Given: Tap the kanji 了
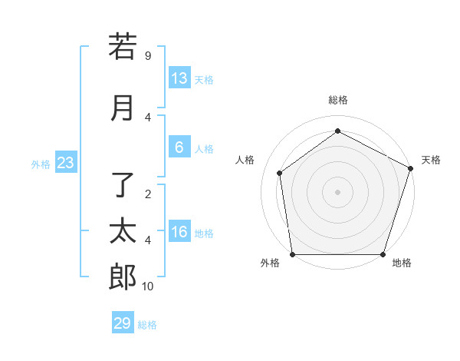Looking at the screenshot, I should pyautogui.click(x=123, y=184).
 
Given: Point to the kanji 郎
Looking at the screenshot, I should pyautogui.click(x=123, y=277).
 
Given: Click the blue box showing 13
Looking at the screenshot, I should pyautogui.click(x=179, y=78).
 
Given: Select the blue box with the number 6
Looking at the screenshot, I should pyautogui.click(x=179, y=148).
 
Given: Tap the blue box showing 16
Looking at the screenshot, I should pyautogui.click(x=179, y=233).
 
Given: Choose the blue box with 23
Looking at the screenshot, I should pyautogui.click(x=65, y=163).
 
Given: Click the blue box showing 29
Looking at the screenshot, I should pyautogui.click(x=123, y=323).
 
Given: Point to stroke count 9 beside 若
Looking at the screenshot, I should pyautogui.click(x=147, y=56).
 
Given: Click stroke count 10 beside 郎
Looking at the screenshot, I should pyautogui.click(x=148, y=286).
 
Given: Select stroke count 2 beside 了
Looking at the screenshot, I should pyautogui.click(x=147, y=194).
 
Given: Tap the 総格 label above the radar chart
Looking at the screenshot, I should pyautogui.click(x=338, y=100).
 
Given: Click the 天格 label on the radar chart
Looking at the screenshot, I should pyautogui.click(x=432, y=160).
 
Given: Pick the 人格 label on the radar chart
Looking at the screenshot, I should pyautogui.click(x=245, y=160).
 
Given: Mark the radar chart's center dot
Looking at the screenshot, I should pyautogui.click(x=338, y=191).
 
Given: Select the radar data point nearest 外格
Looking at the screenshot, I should pyautogui.click(x=292, y=254).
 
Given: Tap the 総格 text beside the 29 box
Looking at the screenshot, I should pyautogui.click(x=147, y=325).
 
